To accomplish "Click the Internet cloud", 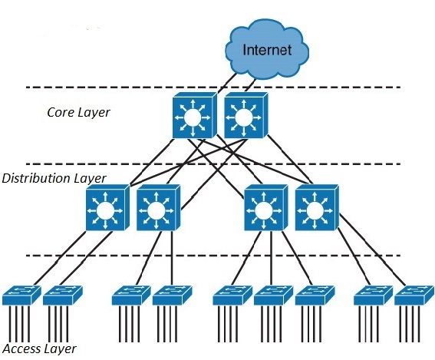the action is pos(267,49).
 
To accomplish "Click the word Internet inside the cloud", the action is pos(267,50).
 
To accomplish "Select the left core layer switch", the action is pos(194,115).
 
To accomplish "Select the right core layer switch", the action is pos(246,115).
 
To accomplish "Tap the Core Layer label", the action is pos(78,112).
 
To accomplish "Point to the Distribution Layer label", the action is pos(54,178).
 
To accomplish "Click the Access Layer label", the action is pos(39,349).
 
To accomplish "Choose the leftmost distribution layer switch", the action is pos(107,207).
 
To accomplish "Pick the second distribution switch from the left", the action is pos(158,207).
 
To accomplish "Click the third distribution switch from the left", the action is pos(265,207).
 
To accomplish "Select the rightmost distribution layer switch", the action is pos(317,207).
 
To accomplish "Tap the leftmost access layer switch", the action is pos(21,296).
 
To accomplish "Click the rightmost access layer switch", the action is pos(414,296).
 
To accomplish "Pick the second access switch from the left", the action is pos(63,296).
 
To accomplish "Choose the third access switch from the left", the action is pos(131,296).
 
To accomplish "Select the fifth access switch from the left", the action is pos(232,296).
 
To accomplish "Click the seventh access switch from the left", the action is pos(315,296).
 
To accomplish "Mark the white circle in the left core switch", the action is pos(193,117).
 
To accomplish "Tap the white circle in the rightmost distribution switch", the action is pos(315,210).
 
